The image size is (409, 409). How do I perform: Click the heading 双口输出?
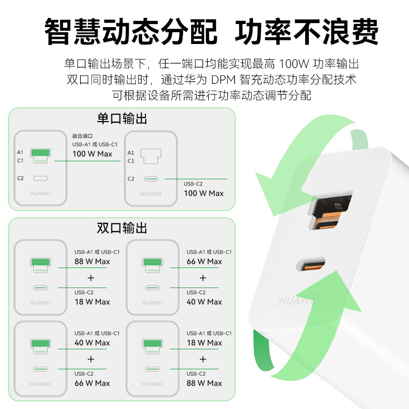(122, 228)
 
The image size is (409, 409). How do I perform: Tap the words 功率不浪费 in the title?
(306, 32)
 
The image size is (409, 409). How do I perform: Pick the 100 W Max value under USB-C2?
(203, 193)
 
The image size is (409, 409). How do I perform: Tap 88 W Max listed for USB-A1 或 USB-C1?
(92, 261)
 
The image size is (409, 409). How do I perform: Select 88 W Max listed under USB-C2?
(204, 383)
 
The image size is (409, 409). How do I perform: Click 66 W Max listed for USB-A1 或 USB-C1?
(204, 261)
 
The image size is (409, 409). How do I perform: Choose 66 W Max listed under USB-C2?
(92, 383)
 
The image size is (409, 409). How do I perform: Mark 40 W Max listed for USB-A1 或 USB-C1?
(92, 343)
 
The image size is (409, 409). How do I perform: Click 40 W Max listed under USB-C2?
(204, 302)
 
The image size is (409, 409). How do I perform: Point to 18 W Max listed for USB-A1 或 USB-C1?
(204, 343)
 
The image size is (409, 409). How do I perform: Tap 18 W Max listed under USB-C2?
(92, 302)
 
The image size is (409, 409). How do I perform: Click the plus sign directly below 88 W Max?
(91, 278)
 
